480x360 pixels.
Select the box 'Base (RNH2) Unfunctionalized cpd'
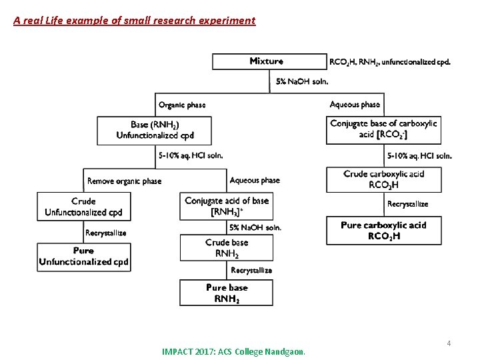[x=155, y=131]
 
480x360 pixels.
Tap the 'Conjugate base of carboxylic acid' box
[x=383, y=129]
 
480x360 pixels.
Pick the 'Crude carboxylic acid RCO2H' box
[x=383, y=179]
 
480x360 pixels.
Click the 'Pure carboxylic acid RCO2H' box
[x=383, y=231]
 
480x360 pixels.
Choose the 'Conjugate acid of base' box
[x=227, y=206]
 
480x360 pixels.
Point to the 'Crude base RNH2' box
[x=227, y=248]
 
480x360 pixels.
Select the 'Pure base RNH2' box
[x=227, y=293]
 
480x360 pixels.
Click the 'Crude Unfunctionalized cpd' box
[x=83, y=207]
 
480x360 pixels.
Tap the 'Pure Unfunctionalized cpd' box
[x=83, y=257]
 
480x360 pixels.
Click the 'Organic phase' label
[x=182, y=105]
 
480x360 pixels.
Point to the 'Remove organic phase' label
[x=124, y=181]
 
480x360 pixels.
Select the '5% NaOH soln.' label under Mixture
[x=302, y=81]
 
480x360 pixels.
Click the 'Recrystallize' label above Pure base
[x=251, y=270]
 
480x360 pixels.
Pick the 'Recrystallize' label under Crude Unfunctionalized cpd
[x=105, y=233]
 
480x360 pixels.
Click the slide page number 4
[x=449, y=343]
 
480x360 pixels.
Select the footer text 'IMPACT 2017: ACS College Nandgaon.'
[x=233, y=351]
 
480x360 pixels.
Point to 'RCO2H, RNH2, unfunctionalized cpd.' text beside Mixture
[x=389, y=61]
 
